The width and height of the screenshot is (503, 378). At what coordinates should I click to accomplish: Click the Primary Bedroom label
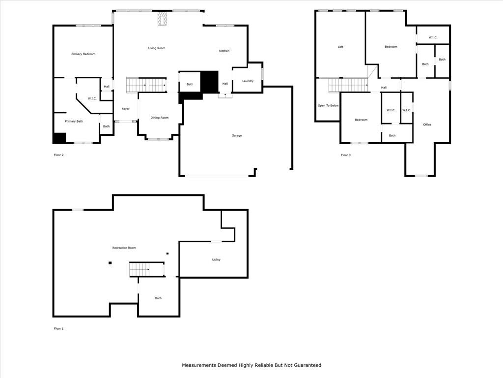pos(84,54)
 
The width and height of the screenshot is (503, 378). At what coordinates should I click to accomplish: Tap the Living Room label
pos(157,48)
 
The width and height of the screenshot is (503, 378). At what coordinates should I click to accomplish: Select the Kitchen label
pos(224,51)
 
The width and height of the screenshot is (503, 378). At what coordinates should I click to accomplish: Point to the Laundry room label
pos(248,81)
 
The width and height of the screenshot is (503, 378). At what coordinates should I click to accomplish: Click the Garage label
pos(237,136)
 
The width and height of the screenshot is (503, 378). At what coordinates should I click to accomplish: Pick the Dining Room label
pos(160,118)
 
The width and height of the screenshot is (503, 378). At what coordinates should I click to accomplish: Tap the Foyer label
pos(125,109)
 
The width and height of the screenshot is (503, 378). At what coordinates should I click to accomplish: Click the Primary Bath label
pos(74,122)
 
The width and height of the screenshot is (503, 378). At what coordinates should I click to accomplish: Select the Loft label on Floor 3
pos(340,47)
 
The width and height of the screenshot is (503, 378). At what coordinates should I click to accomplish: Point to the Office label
pos(427,125)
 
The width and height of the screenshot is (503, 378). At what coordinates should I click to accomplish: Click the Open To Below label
pos(328,106)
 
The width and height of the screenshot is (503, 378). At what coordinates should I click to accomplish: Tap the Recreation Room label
pos(124,248)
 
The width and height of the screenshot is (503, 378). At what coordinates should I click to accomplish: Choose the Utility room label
pos(216,260)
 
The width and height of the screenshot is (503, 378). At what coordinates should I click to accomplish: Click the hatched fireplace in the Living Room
pos(162,19)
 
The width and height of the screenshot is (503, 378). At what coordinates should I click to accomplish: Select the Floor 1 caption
pos(59,328)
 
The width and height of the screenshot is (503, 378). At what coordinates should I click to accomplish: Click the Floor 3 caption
pos(346,155)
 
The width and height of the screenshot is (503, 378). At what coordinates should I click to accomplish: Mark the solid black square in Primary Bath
pos(59,138)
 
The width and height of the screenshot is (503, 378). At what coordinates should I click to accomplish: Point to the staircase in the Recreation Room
pos(146,269)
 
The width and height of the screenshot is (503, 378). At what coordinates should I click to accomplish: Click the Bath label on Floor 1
pos(159,298)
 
